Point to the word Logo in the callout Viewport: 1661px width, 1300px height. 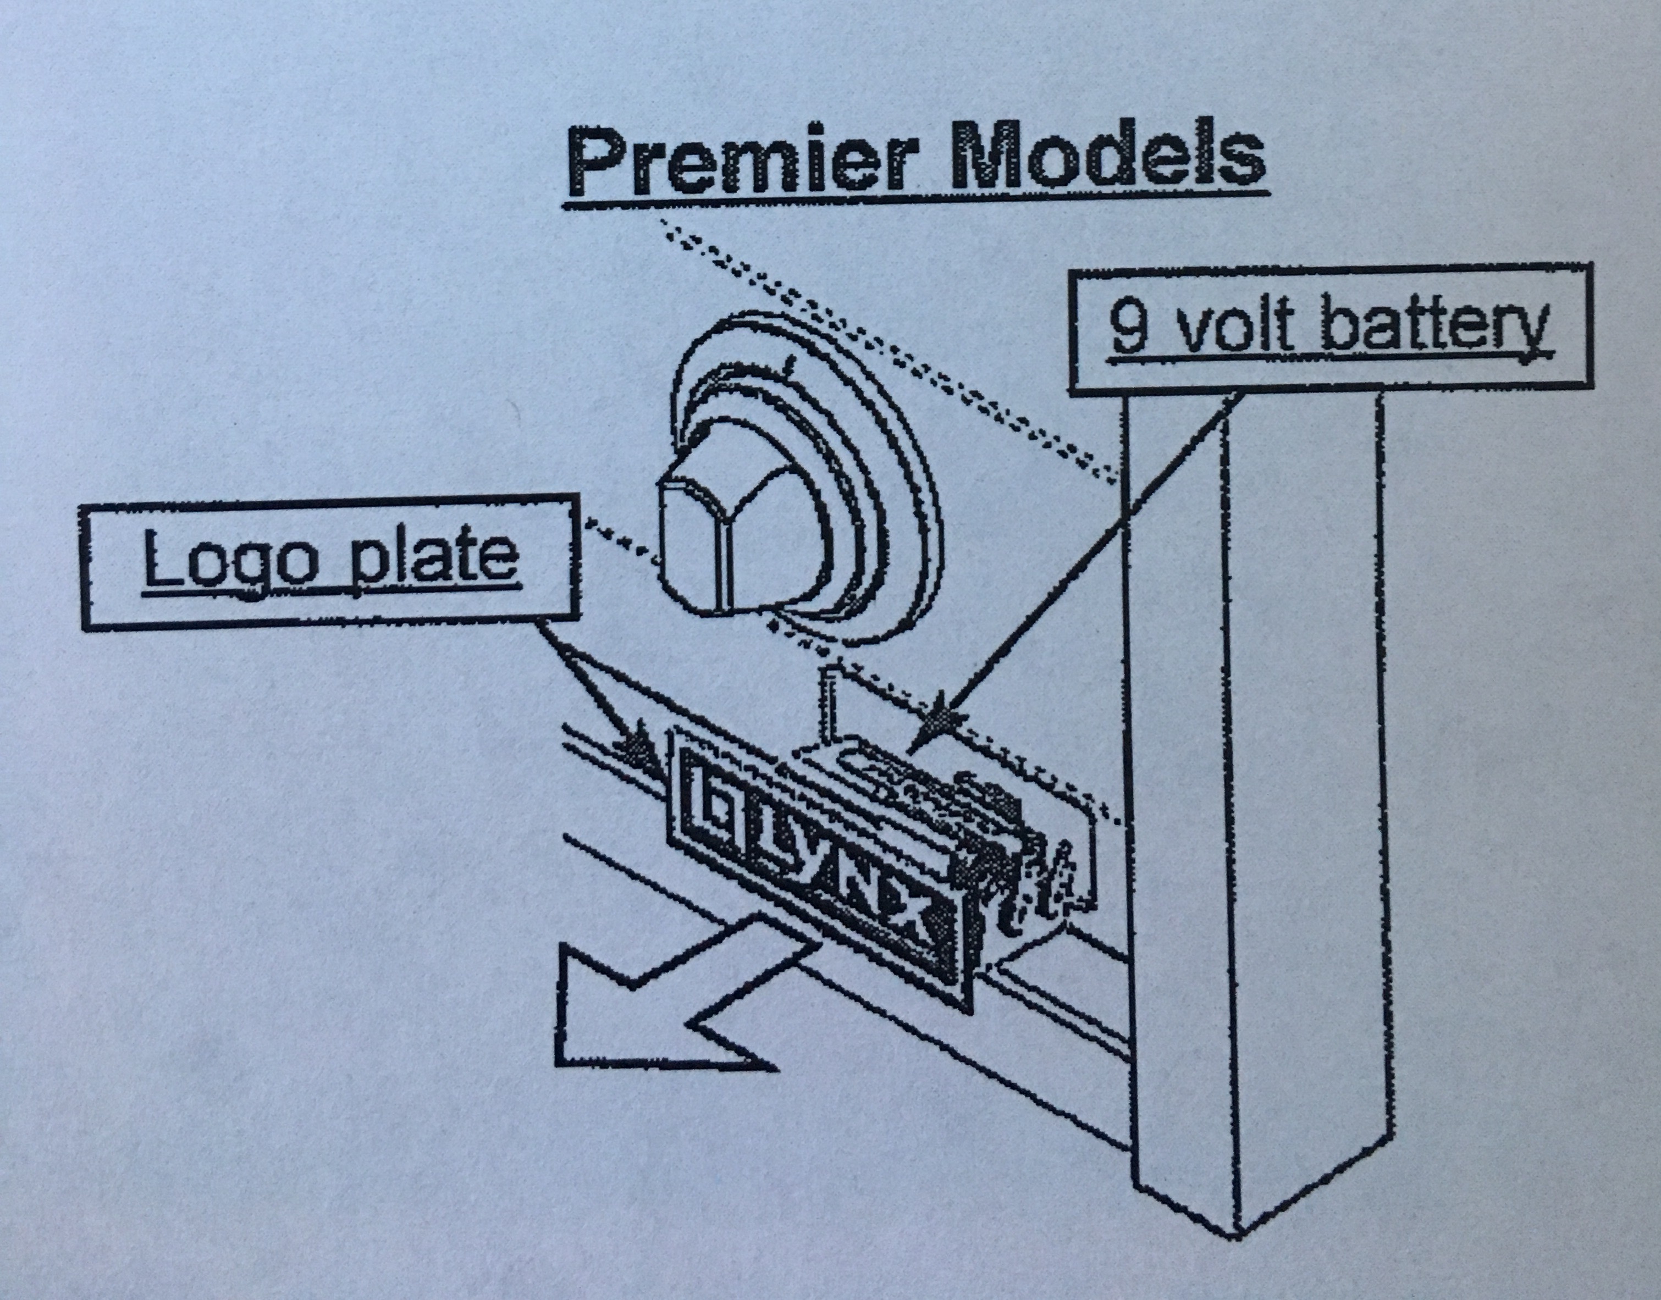coord(228,560)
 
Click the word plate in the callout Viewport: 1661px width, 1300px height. coord(434,560)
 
